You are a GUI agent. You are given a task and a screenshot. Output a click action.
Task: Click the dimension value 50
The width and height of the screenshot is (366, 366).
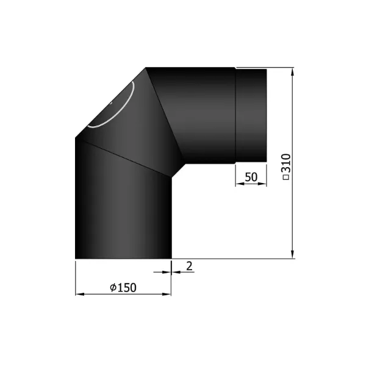[250, 177]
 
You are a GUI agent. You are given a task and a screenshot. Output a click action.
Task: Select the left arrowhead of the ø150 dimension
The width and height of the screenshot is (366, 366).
[79, 295]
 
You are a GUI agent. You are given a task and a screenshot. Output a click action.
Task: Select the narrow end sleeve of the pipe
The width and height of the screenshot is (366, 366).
[251, 115]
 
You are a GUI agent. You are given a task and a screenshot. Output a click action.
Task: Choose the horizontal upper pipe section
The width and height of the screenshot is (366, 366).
[201, 116]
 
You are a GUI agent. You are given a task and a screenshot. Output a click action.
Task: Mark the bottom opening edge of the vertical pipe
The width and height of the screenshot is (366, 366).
[122, 257]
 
